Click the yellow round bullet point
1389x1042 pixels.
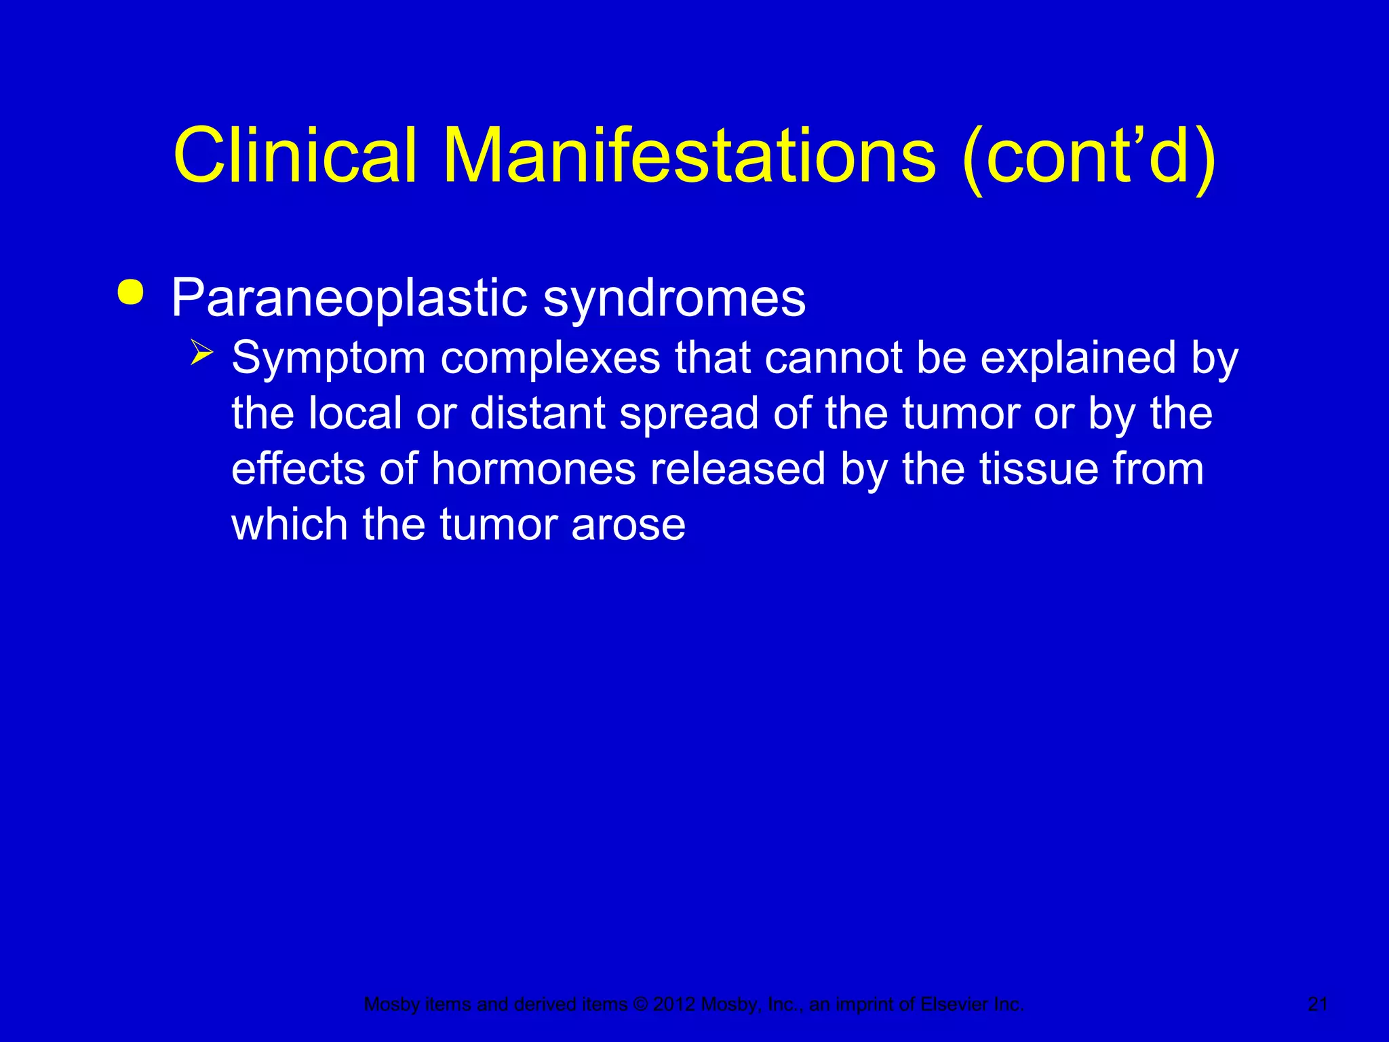click(x=130, y=292)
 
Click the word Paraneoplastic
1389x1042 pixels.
click(x=349, y=298)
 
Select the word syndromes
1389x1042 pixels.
click(x=674, y=298)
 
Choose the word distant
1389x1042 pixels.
click(x=537, y=413)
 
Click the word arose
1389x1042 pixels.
click(x=628, y=525)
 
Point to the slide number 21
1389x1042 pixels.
click(x=1317, y=1004)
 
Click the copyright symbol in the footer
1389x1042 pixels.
click(x=640, y=1004)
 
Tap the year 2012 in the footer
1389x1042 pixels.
click(x=674, y=1004)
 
